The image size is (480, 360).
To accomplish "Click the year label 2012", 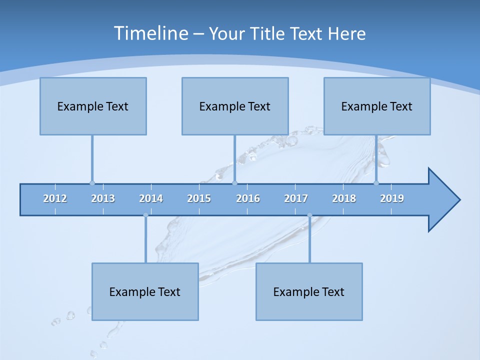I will pyautogui.click(x=55, y=198).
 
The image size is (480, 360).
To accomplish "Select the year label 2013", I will pyautogui.click(x=103, y=198).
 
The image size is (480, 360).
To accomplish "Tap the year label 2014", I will pyautogui.click(x=151, y=198).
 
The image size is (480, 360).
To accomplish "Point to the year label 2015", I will pyautogui.click(x=199, y=198).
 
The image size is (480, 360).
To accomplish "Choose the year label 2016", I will pyautogui.click(x=248, y=198).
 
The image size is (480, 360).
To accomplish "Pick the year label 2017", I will pyautogui.click(x=296, y=198).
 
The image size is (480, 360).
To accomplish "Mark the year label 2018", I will pyautogui.click(x=344, y=198).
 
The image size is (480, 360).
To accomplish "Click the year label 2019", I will pyautogui.click(x=392, y=198).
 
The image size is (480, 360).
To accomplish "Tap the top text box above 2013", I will pyautogui.click(x=93, y=106).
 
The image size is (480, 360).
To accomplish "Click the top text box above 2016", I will pyautogui.click(x=235, y=106).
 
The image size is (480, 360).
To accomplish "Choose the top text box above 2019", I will pyautogui.click(x=377, y=106).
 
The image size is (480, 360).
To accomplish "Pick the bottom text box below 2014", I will pyautogui.click(x=145, y=291).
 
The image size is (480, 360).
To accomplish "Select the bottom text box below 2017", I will pyautogui.click(x=309, y=291).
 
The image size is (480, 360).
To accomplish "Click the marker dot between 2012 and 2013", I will pyautogui.click(x=92, y=183).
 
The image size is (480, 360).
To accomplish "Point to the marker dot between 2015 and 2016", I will pyautogui.click(x=235, y=183).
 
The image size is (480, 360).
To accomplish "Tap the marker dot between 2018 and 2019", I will pyautogui.click(x=376, y=183).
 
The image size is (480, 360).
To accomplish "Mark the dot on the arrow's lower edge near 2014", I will pyautogui.click(x=145, y=215).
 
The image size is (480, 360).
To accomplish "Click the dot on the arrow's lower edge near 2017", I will pyautogui.click(x=309, y=215).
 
